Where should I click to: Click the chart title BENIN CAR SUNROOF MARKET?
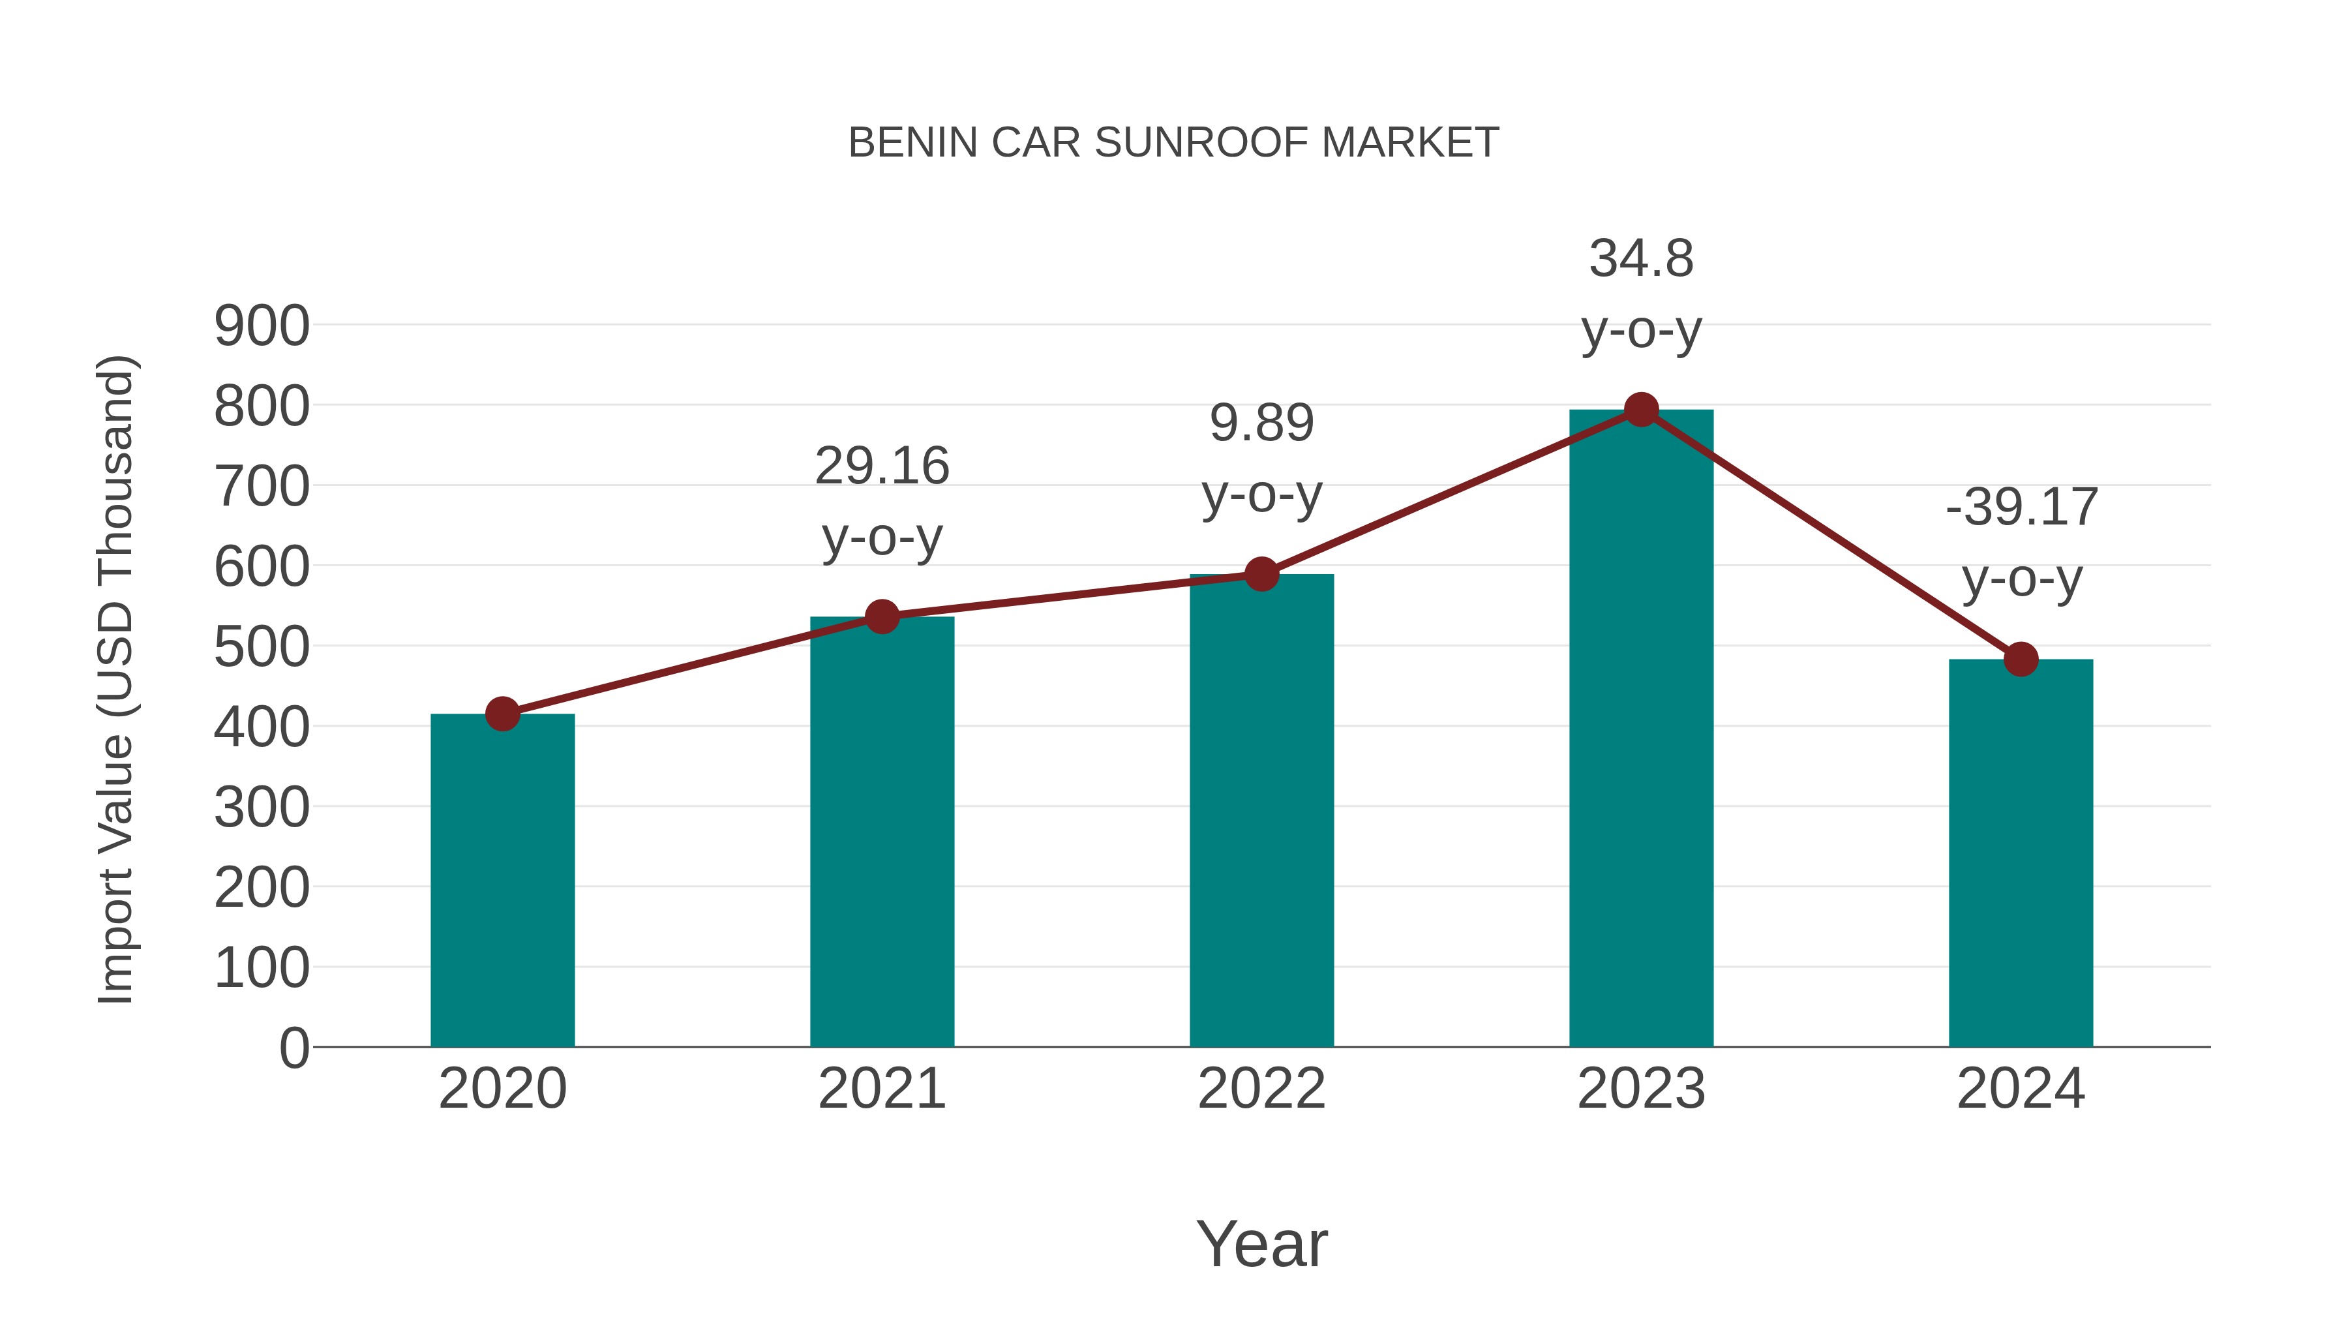1173,143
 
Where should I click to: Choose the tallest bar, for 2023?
1641,729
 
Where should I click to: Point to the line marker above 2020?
502,714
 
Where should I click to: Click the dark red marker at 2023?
1641,410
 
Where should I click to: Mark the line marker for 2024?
2021,659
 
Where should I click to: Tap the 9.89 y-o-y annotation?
1261,458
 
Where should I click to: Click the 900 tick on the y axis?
262,326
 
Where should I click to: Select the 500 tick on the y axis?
262,647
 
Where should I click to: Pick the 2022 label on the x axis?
1261,1089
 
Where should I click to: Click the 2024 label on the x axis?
2021,1089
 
